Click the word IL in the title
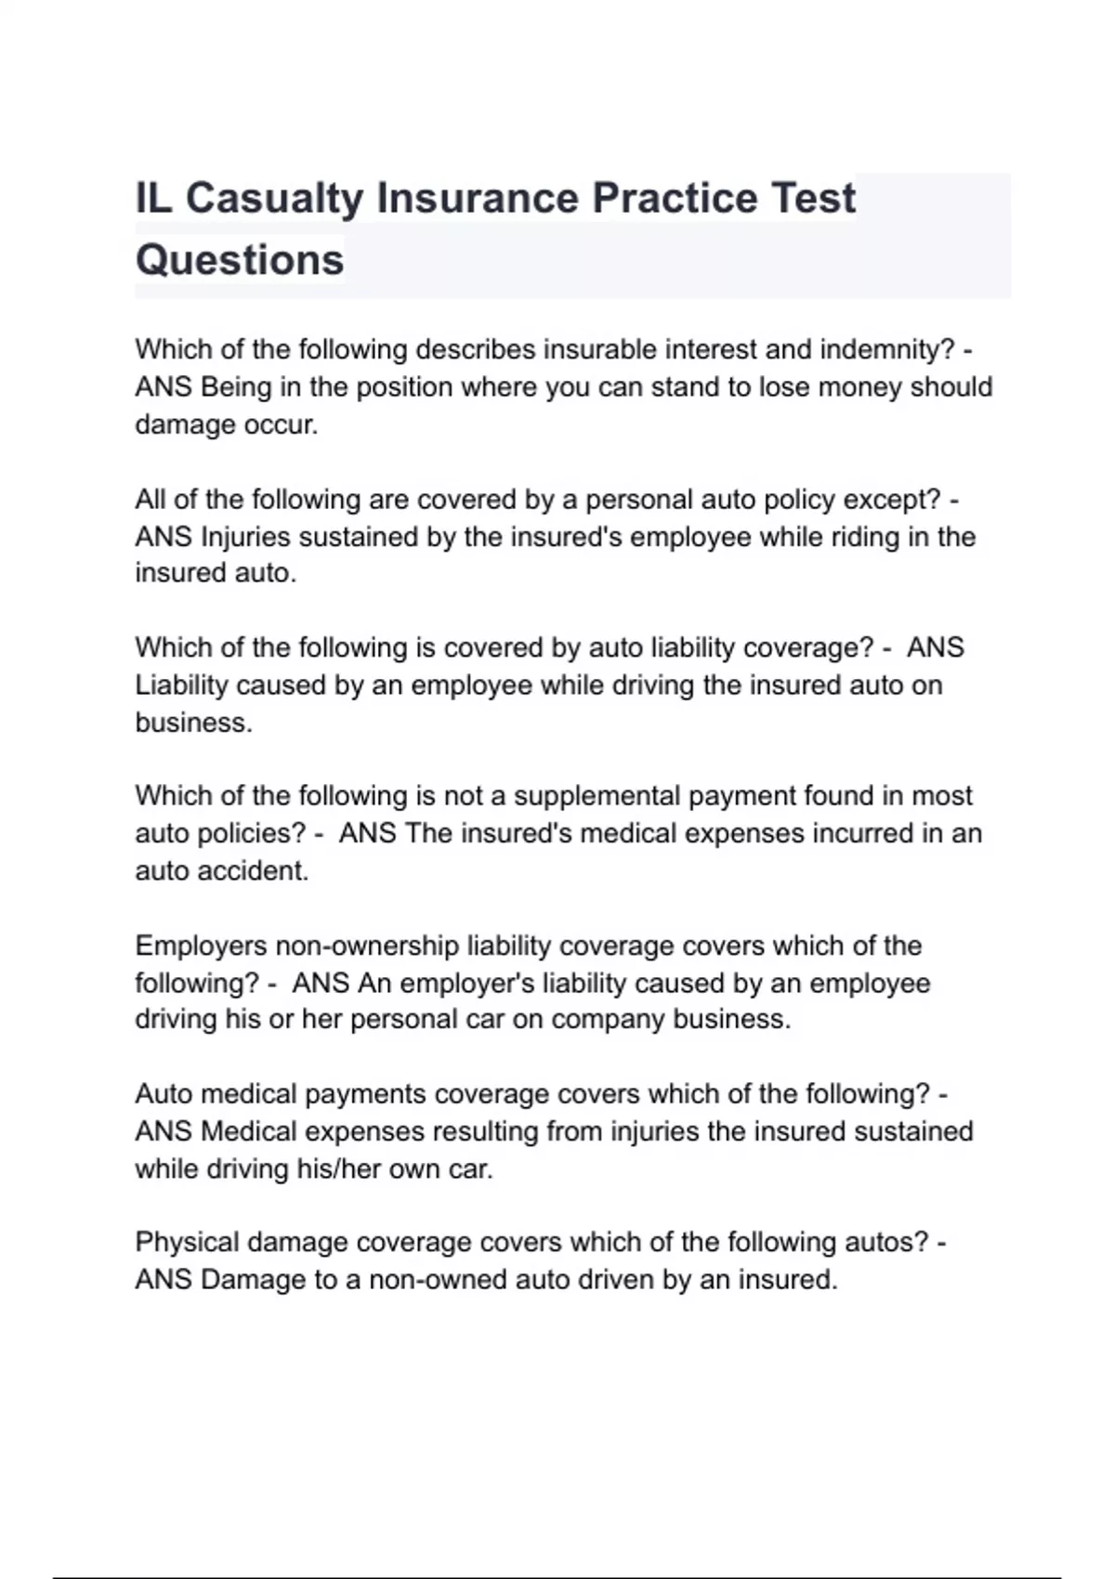click(x=153, y=199)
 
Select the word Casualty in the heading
click(x=274, y=199)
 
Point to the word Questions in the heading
click(x=240, y=260)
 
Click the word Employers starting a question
click(x=201, y=946)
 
